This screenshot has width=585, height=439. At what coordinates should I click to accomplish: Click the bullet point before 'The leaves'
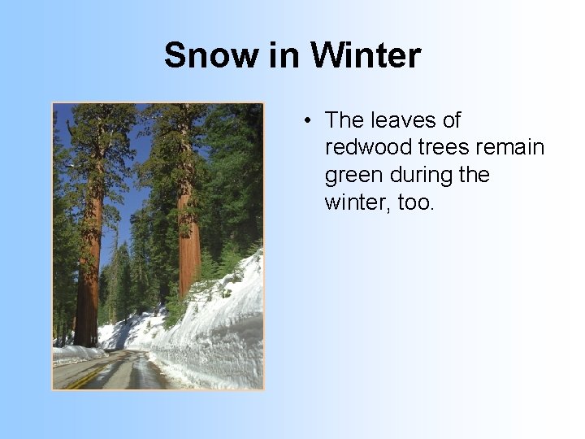pyautogui.click(x=308, y=121)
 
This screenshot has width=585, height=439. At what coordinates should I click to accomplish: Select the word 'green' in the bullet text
pyautogui.click(x=350, y=176)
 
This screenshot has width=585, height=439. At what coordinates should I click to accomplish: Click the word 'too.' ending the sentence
pyautogui.click(x=417, y=202)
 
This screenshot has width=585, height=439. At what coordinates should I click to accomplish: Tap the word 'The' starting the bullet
pyautogui.click(x=344, y=120)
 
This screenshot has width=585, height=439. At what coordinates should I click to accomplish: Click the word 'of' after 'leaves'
pyautogui.click(x=449, y=120)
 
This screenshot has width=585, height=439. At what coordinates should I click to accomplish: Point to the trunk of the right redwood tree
pyautogui.click(x=188, y=244)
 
